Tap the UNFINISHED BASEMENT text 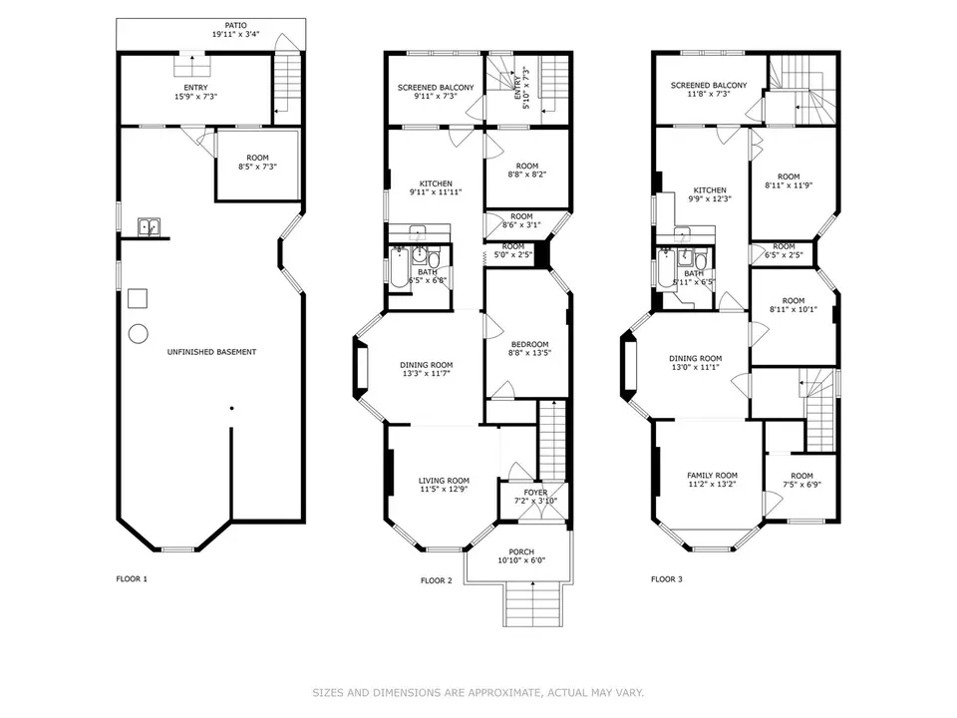210,352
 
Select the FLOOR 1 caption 133,578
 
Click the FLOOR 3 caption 668,578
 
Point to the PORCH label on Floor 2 521,552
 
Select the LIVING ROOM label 444,481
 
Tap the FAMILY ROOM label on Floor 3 712,476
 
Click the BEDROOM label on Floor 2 528,344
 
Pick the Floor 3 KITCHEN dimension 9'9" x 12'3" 710,199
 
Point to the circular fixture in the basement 139,332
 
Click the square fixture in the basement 139,298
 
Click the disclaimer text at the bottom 478,692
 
